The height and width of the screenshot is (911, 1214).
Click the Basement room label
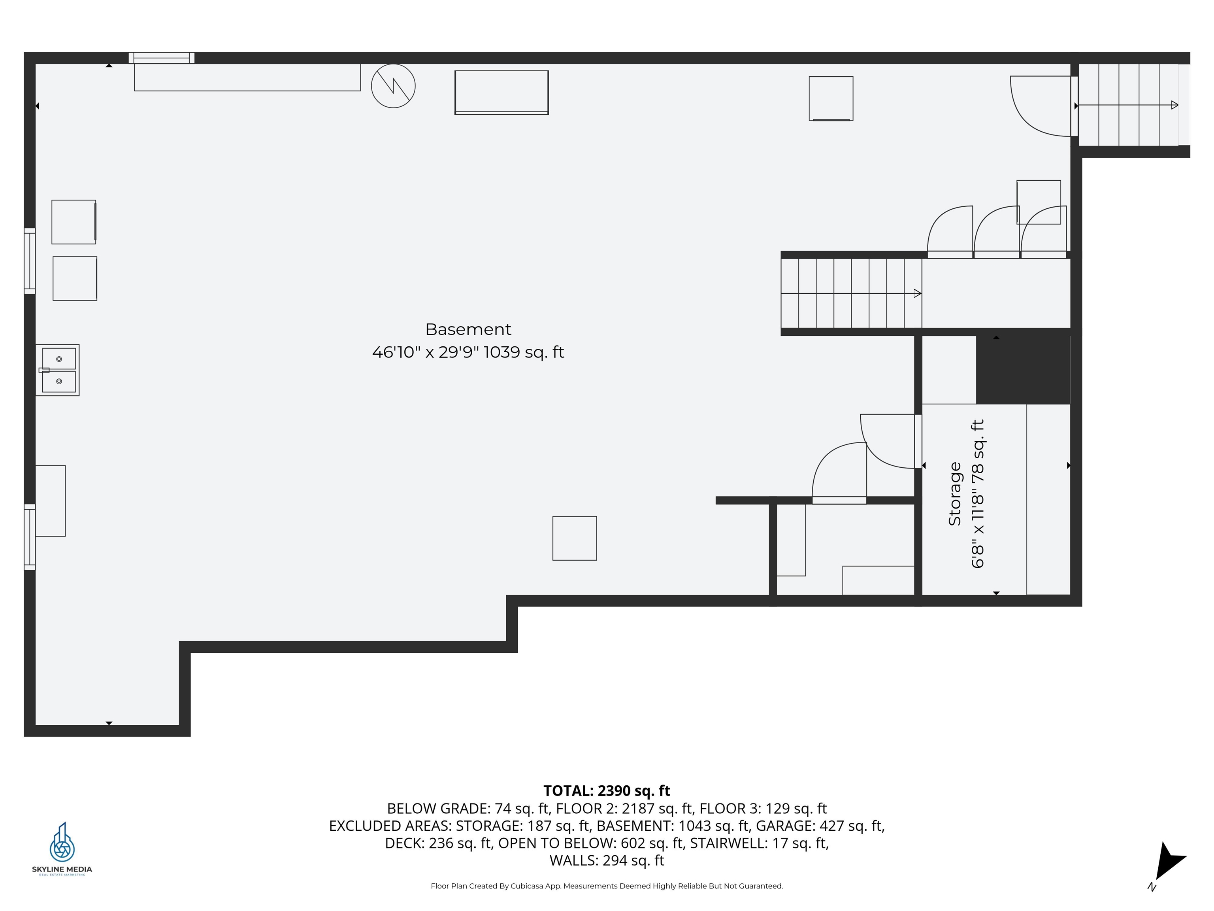click(468, 329)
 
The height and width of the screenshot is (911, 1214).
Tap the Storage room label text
click(955, 494)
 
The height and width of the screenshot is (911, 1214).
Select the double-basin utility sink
click(58, 370)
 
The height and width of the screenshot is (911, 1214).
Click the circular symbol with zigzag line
click(393, 86)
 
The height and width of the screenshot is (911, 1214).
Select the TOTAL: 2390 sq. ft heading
click(607, 791)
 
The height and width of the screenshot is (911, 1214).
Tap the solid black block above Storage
click(1023, 369)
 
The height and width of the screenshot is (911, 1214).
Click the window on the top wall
click(161, 58)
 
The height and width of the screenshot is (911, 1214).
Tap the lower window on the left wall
click(30, 537)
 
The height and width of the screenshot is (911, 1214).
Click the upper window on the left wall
click(30, 261)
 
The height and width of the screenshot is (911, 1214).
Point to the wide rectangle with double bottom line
click(501, 92)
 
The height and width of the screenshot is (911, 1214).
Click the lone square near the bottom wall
click(575, 538)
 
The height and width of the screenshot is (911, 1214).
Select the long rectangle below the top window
click(247, 77)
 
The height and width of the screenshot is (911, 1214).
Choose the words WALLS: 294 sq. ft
click(607, 860)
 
